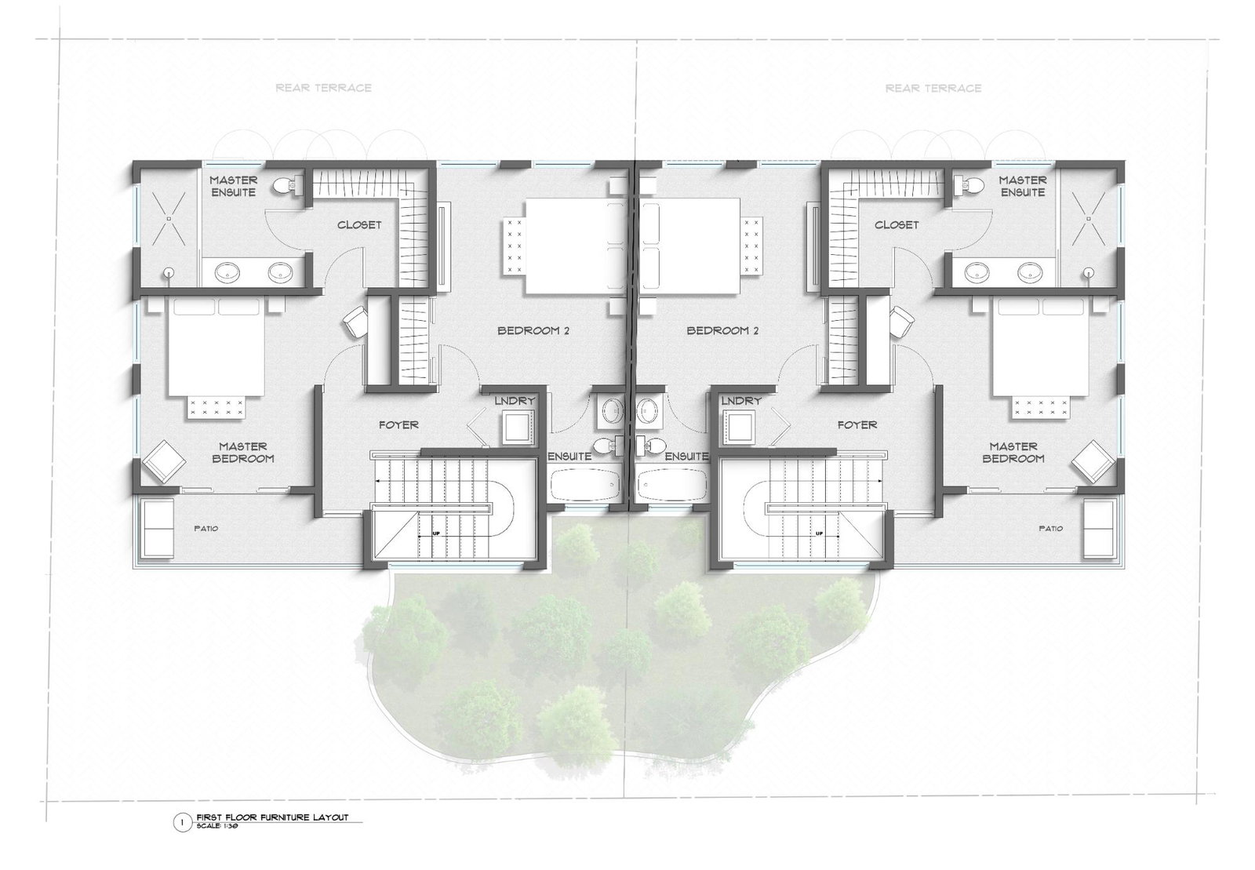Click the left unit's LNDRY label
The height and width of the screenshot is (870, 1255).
click(x=515, y=401)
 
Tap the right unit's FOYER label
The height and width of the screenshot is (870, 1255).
click(x=857, y=424)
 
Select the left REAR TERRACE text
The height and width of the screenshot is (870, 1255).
click(x=323, y=88)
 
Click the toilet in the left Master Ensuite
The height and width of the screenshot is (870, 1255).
click(x=288, y=186)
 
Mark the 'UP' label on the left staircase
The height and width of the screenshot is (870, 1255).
click(x=436, y=533)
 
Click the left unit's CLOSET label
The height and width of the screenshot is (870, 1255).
click(x=359, y=224)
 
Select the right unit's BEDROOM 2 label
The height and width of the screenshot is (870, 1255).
click(x=722, y=330)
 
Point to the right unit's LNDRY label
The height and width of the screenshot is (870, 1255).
click(x=740, y=401)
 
